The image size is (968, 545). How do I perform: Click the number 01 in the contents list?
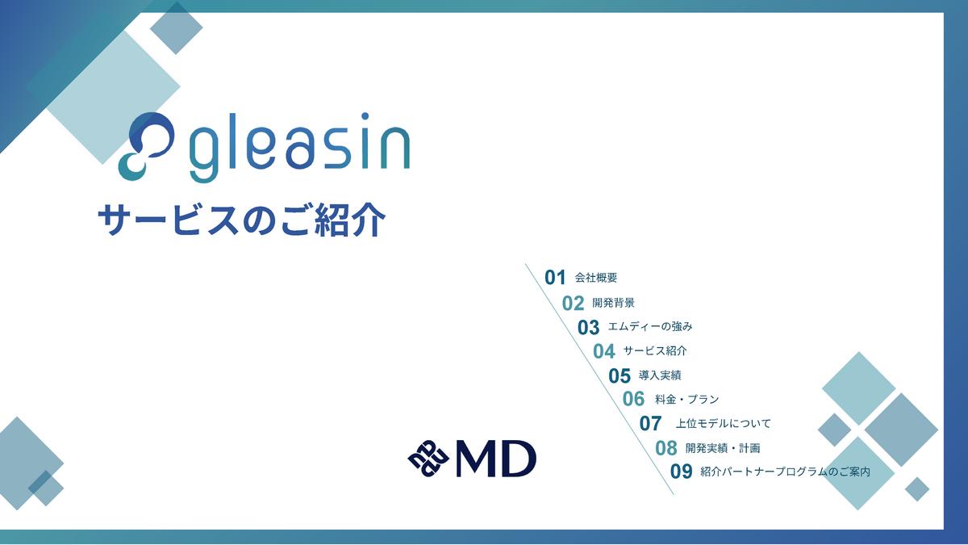pyautogui.click(x=555, y=277)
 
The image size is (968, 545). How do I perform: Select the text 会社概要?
pyautogui.click(x=596, y=278)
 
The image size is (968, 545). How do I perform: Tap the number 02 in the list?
pyautogui.click(x=573, y=304)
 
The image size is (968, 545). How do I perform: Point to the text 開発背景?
pyautogui.click(x=613, y=303)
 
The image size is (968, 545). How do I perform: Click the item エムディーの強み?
pyautogui.click(x=650, y=326)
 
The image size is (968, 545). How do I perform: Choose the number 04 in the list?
pyautogui.click(x=603, y=351)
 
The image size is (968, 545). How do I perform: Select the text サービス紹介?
pyautogui.click(x=655, y=350)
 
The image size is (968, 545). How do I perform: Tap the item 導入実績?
pyautogui.click(x=660, y=375)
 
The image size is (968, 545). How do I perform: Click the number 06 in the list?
pyautogui.click(x=633, y=399)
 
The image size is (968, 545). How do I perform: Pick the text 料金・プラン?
pyautogui.click(x=687, y=399)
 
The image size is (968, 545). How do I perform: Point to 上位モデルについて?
pyautogui.click(x=723, y=423)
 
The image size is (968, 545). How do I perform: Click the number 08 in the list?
pyautogui.click(x=666, y=448)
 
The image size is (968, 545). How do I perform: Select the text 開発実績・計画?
pyautogui.click(x=723, y=448)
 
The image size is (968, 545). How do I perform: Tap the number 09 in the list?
pyautogui.click(x=682, y=472)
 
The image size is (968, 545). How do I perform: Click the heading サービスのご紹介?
pyautogui.click(x=241, y=220)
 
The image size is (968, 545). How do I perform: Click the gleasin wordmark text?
pyautogui.click(x=299, y=147)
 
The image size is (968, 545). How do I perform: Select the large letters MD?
pyautogui.click(x=495, y=459)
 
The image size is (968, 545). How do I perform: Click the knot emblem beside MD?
pyautogui.click(x=428, y=459)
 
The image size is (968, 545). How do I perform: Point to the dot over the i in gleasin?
pyautogui.click(x=365, y=116)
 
